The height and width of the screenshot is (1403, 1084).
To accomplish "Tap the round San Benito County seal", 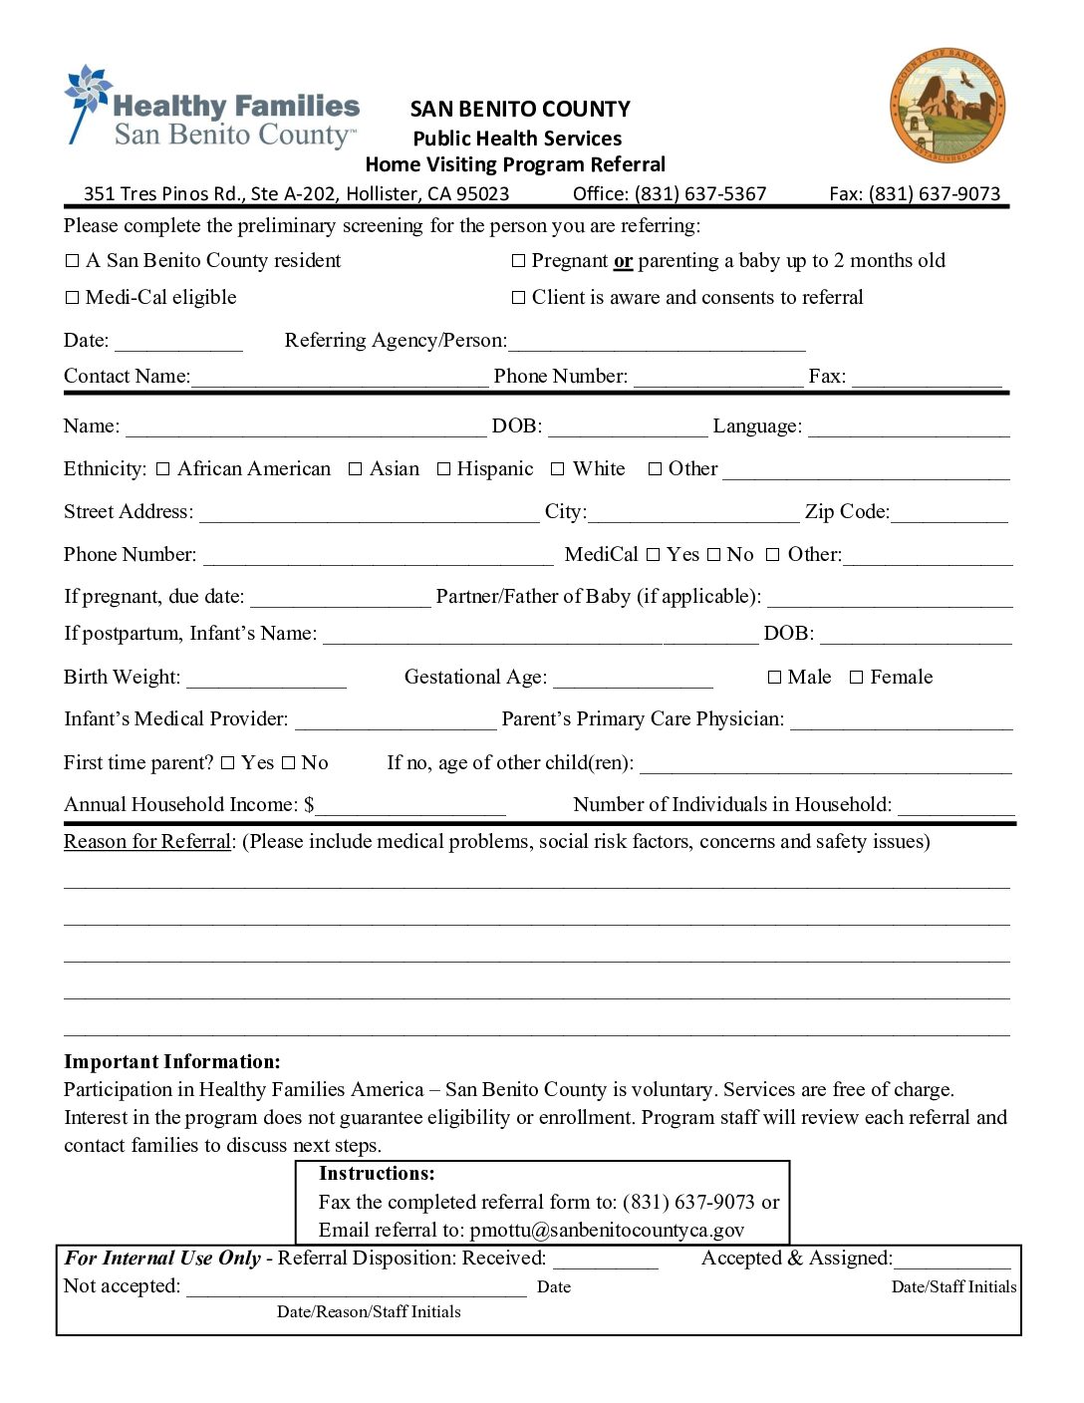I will tap(947, 105).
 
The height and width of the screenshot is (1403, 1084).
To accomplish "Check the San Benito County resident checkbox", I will tap(72, 261).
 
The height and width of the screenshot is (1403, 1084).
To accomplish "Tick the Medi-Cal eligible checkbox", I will tap(72, 298).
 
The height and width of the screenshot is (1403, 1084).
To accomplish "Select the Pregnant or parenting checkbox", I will tap(518, 261).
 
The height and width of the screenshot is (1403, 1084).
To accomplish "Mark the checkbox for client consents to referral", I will tap(518, 298).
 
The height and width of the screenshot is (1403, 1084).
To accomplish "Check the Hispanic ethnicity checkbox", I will tap(444, 469).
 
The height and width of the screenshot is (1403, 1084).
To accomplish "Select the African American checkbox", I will tap(163, 469).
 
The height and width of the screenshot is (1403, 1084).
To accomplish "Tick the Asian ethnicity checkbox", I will tap(356, 469).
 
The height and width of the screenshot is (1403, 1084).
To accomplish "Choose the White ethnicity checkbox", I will tap(558, 469).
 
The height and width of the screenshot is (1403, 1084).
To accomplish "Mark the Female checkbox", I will tap(856, 678).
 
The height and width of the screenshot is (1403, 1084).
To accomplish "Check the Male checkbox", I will tap(774, 678).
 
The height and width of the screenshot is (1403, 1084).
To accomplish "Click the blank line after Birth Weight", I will tap(266, 682).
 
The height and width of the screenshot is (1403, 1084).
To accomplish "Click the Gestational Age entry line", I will tap(633, 682).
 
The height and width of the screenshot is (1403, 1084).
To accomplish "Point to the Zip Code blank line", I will tap(949, 516).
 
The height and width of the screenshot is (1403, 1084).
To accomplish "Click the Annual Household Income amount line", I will tap(410, 809).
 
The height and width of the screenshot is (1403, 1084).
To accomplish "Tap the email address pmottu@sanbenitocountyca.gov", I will tap(607, 1231).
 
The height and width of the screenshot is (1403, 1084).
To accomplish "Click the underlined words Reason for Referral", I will tap(147, 842).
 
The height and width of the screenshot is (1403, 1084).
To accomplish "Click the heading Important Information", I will tap(172, 1062).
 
